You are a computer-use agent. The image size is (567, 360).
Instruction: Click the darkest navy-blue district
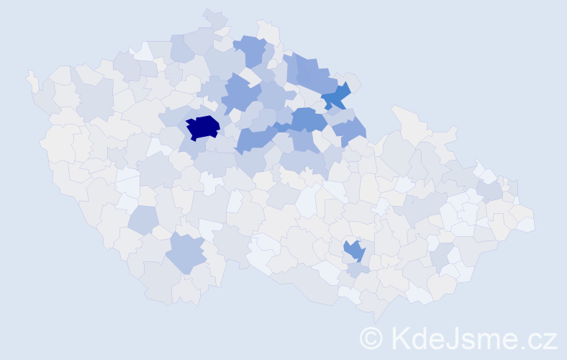point(204,127)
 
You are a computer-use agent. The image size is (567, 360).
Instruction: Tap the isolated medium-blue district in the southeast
point(354,251)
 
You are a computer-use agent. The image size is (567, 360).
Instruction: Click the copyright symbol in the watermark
point(371,337)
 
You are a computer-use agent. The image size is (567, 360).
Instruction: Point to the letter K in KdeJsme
point(399,337)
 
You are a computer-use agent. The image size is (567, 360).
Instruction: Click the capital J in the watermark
point(453,337)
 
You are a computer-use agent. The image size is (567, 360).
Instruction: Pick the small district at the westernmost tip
point(32,80)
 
